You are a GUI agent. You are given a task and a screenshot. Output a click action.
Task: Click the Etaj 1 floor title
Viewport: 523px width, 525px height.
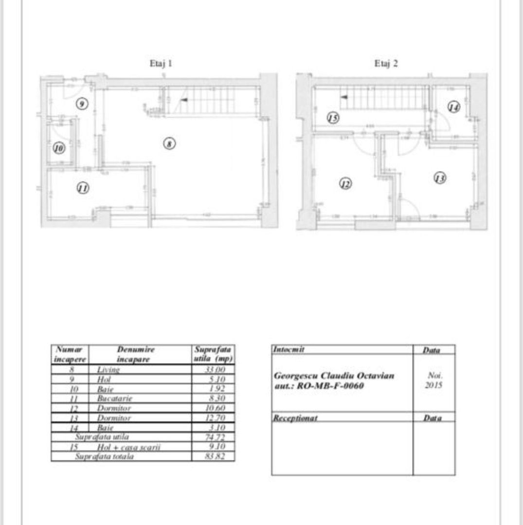(160, 63)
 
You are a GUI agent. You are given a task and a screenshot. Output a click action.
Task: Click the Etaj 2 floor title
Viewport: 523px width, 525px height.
(386, 63)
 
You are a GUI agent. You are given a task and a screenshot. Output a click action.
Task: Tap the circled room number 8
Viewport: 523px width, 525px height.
(169, 144)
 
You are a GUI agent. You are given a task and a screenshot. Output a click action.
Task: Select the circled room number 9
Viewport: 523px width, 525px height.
(82, 104)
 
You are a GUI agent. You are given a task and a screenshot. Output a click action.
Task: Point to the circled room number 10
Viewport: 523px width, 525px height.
(59, 148)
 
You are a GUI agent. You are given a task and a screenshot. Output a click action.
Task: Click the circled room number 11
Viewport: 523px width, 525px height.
(83, 188)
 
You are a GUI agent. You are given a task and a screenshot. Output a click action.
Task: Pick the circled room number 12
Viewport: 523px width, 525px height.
(345, 184)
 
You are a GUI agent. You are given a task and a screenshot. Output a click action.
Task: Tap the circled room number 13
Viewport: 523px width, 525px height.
(440, 178)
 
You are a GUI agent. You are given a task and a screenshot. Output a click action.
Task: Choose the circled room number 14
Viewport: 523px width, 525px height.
(453, 107)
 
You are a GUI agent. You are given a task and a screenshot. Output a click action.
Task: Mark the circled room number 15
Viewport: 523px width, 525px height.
(333, 118)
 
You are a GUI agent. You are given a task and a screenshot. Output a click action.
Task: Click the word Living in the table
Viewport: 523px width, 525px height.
(108, 369)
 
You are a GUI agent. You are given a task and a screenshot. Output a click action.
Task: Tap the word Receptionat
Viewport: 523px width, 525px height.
(295, 418)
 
